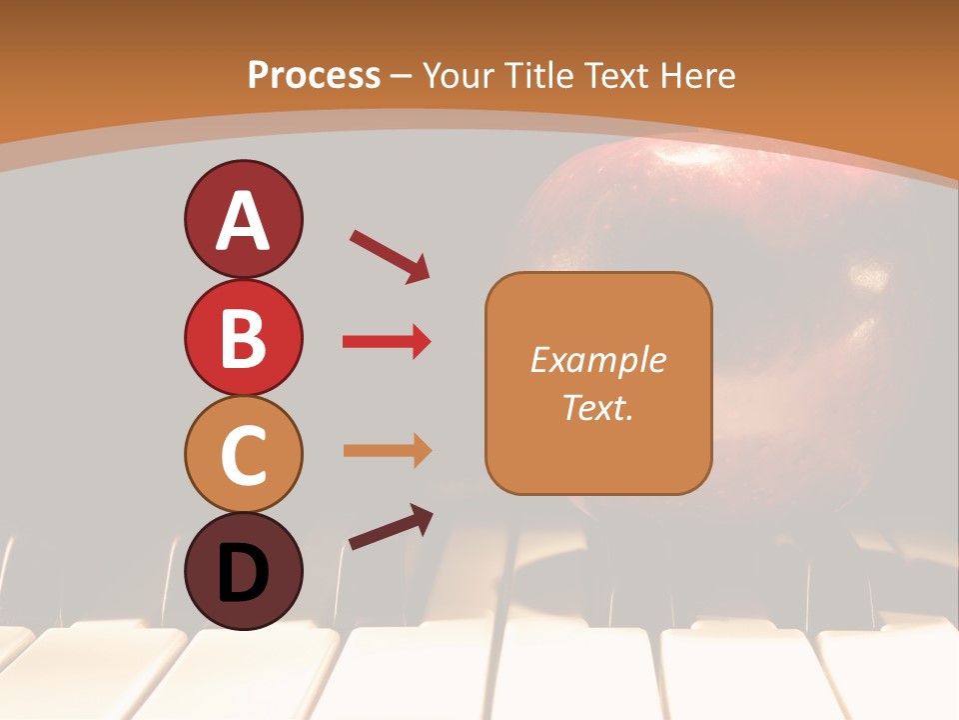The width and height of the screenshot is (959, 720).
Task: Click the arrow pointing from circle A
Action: [390, 255]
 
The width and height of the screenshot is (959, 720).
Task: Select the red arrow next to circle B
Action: [387, 342]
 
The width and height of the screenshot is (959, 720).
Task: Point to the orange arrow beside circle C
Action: [387, 450]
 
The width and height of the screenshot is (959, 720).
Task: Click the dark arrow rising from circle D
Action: [391, 527]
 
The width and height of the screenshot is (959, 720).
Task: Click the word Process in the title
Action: [314, 75]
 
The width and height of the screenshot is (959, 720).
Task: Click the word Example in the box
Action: [597, 360]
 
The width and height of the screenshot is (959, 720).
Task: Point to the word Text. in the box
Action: [597, 407]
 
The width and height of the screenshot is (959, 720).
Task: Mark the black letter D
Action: [243, 572]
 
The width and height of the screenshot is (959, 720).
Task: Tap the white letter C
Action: [243, 456]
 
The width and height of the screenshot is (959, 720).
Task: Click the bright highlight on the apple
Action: [867, 275]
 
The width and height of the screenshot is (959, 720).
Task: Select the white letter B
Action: [243, 338]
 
